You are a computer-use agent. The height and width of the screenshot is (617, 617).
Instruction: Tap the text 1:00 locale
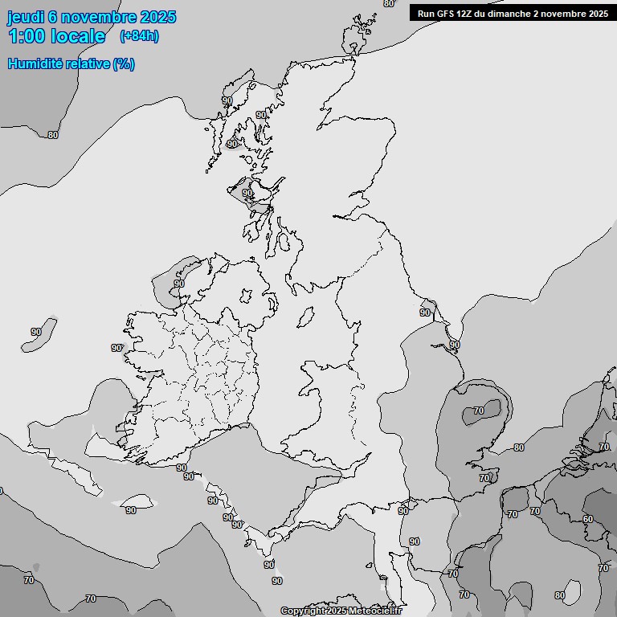57,36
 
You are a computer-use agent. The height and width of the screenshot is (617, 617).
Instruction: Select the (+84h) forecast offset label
139,35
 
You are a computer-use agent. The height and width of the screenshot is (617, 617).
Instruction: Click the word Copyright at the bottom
303,611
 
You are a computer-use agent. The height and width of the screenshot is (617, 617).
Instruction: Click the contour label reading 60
588,519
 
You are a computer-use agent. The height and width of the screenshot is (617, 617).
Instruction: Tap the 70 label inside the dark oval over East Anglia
479,411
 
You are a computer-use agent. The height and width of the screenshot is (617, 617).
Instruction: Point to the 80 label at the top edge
389,3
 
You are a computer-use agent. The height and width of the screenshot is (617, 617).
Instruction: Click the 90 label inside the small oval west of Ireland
36,332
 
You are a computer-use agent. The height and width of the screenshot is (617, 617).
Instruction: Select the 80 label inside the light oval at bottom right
560,595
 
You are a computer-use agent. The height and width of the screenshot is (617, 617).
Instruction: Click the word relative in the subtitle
88,64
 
